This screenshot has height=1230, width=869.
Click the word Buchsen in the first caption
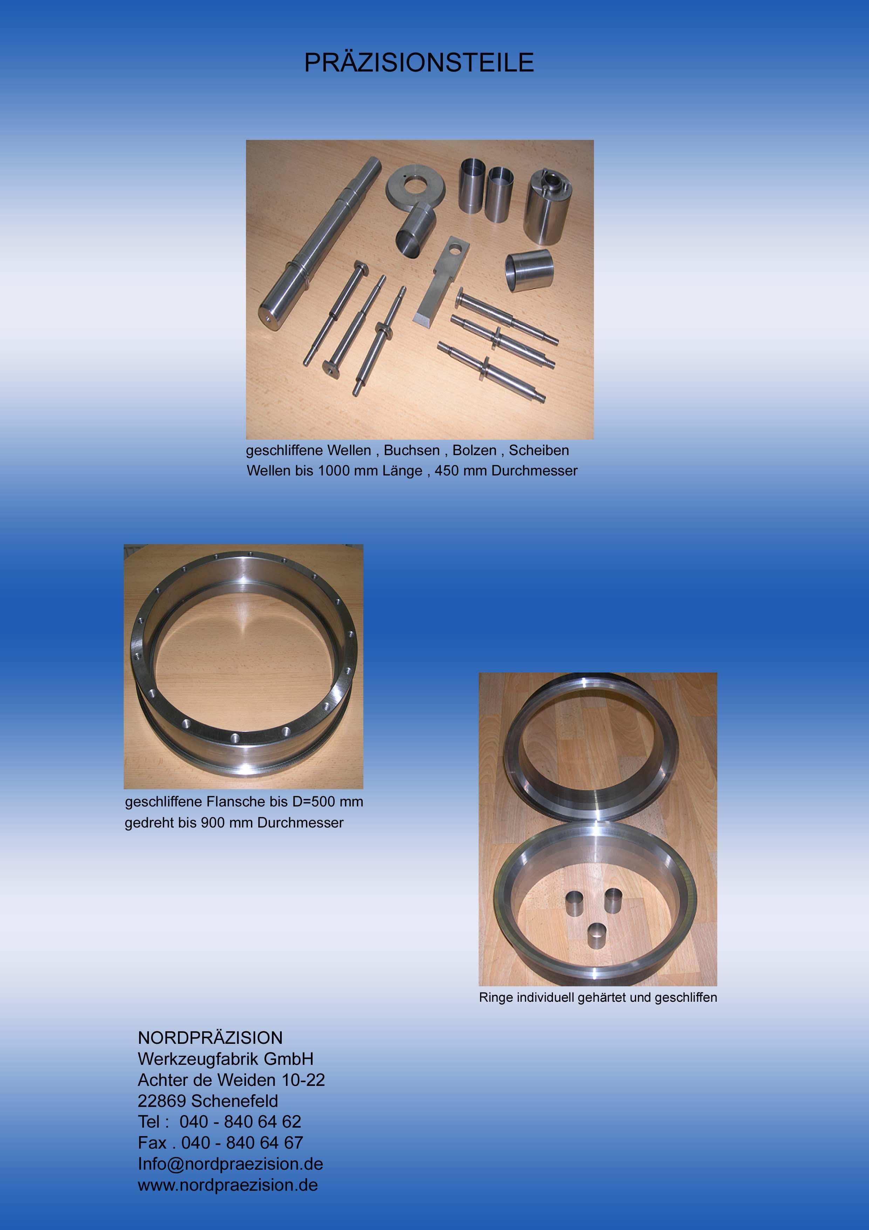point(412,451)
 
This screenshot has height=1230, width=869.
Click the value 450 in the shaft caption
point(446,471)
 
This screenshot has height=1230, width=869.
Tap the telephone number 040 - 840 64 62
point(240,1122)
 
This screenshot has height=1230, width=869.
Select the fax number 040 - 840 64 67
point(242,1143)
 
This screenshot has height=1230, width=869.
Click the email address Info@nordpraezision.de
point(230,1164)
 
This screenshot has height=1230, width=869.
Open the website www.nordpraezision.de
point(227,1185)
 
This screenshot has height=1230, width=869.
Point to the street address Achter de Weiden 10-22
point(231,1080)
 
